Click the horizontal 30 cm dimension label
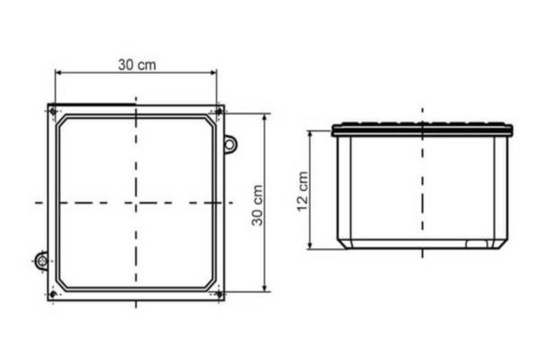coord(137,65)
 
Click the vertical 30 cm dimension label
coord(257,205)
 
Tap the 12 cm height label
coord(302,191)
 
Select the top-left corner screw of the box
coord(53,111)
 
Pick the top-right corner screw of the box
coord(219,111)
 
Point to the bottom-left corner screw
coord(53,294)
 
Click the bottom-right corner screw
coord(219,294)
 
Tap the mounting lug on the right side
coord(230,144)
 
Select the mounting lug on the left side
coord(42,261)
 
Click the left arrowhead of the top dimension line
coord(58,72)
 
